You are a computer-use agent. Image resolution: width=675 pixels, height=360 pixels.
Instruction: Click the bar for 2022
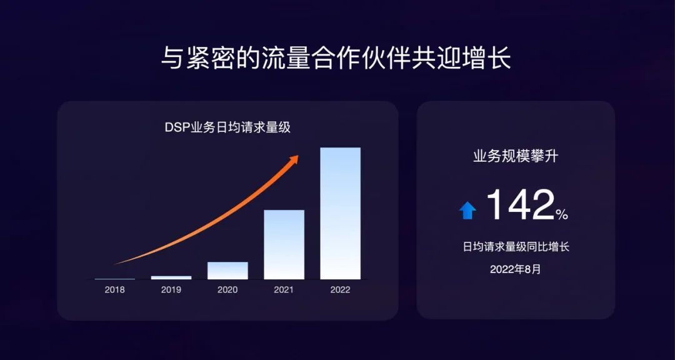click(x=340, y=213)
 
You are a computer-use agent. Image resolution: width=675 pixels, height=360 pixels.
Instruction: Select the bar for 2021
click(x=284, y=244)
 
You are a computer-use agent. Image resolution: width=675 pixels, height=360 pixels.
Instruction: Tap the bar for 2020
click(x=227, y=270)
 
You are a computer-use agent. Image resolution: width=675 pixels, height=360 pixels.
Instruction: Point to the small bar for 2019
click(x=171, y=277)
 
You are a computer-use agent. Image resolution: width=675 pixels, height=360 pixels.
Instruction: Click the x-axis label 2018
click(x=115, y=290)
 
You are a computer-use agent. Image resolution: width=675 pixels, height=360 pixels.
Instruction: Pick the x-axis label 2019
click(x=171, y=290)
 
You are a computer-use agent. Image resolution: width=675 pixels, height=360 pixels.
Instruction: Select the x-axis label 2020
click(x=227, y=290)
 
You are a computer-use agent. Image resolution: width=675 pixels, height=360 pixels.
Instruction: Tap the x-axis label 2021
click(x=284, y=290)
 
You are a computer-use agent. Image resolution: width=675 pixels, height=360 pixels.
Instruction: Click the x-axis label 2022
click(x=340, y=290)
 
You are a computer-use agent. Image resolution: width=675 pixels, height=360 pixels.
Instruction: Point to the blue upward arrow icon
click(x=467, y=211)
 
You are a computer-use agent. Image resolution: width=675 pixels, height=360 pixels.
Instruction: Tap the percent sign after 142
click(x=562, y=214)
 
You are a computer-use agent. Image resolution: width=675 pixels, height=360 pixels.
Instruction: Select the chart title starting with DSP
click(x=227, y=128)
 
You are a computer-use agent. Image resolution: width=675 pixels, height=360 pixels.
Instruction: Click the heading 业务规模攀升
click(x=516, y=156)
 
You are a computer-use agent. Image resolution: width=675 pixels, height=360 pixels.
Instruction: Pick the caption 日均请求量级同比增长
click(x=516, y=247)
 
